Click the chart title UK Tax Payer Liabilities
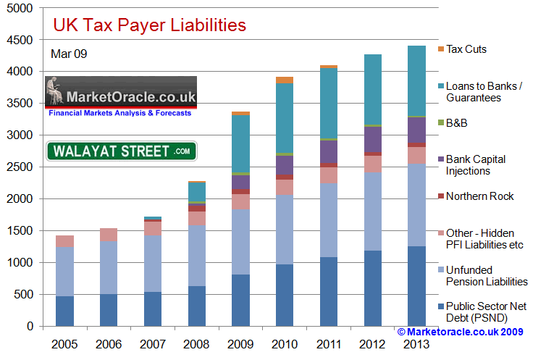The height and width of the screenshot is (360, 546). point(150,25)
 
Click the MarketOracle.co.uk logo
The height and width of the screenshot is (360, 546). point(120,97)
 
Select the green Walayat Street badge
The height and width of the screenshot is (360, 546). point(122,151)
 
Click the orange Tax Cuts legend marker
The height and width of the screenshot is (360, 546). point(441,49)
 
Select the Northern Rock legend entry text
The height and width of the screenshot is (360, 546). point(479,196)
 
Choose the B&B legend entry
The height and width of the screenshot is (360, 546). point(457,122)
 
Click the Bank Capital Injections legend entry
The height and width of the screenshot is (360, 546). point(476,165)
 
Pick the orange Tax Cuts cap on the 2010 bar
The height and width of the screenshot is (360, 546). point(285,80)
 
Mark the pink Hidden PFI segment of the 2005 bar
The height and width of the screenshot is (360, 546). point(65,241)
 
